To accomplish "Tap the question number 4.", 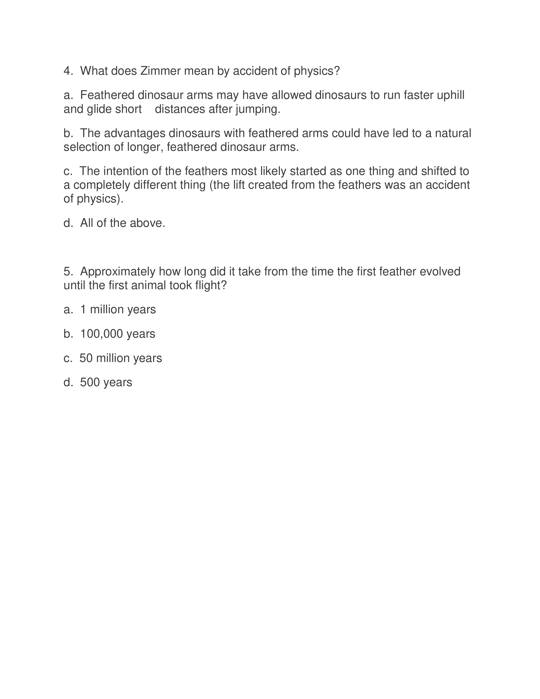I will point(67,71).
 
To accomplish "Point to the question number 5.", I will point(67,272).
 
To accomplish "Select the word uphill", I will point(450,95).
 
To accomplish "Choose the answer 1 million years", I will point(118,309).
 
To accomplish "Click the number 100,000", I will point(101,334).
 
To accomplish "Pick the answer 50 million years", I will point(121,358).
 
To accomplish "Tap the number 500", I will point(90,383).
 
